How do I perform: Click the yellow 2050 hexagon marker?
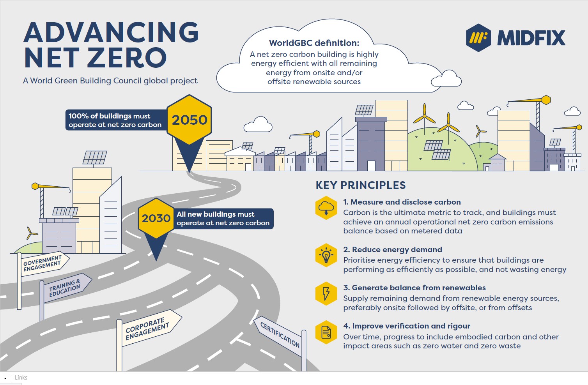[x=189, y=120]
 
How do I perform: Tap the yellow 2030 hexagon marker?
[x=156, y=218]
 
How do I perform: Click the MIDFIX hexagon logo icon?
[x=478, y=38]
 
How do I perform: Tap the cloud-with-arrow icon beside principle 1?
[x=326, y=208]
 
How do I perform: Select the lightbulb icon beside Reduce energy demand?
[x=326, y=255]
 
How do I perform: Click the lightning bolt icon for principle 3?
[x=326, y=293]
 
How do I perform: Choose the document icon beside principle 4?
[x=326, y=332]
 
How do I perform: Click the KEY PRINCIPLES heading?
[x=361, y=185]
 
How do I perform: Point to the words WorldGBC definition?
[x=314, y=43]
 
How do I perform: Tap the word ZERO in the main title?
[x=128, y=58]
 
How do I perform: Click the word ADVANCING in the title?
[x=111, y=32]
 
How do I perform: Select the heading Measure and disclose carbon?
[x=402, y=202]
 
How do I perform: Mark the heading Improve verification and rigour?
[x=407, y=326]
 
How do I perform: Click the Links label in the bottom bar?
[x=21, y=377]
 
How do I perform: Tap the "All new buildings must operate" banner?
[x=223, y=219]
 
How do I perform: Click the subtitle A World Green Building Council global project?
[x=110, y=81]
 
